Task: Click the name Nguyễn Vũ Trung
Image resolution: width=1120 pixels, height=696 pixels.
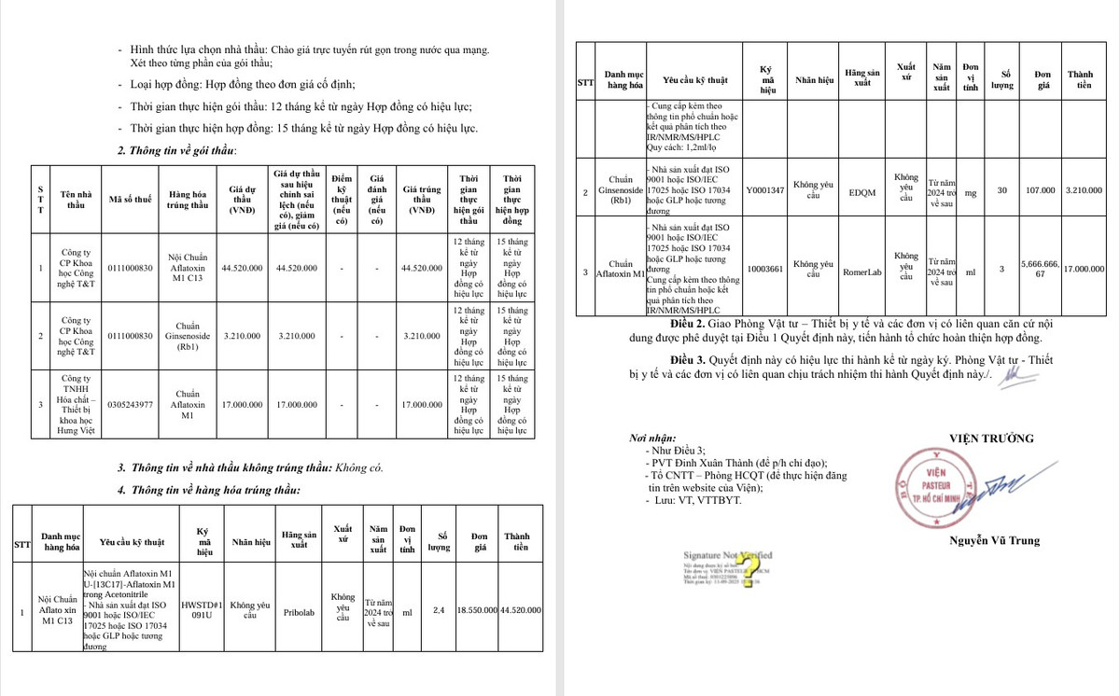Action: pos(993,540)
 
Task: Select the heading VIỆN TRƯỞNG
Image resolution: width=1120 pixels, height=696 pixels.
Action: pos(991,438)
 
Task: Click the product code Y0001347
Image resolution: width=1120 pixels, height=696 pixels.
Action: pos(766,190)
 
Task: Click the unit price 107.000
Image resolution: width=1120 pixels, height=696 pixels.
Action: pos(1041,190)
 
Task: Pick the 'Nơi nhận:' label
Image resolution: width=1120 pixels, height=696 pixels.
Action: pos(651,438)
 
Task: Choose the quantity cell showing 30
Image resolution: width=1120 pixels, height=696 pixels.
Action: pos(1002,190)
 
